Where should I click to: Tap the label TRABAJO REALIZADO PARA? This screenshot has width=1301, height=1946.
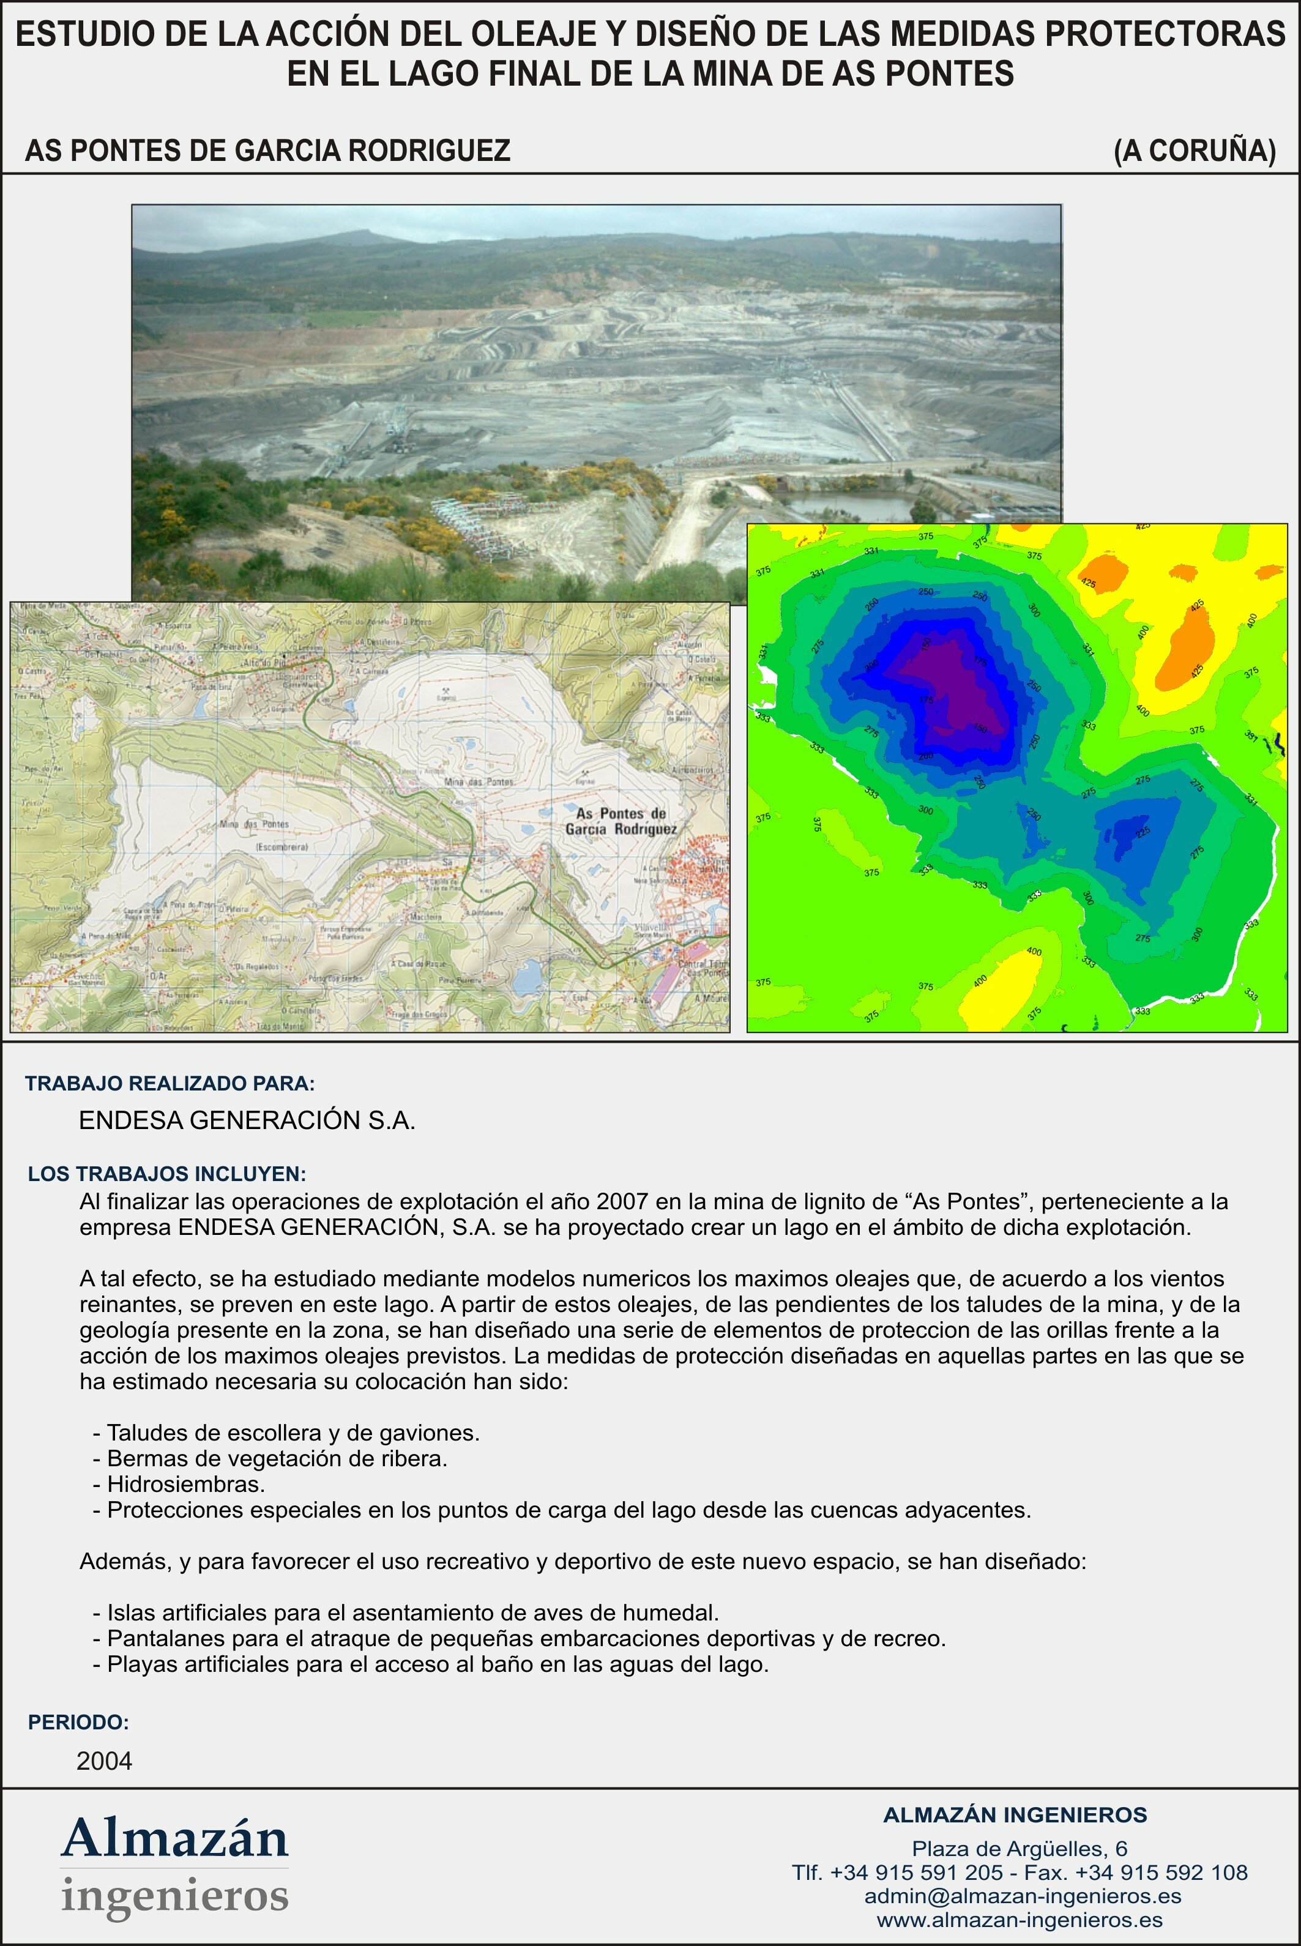coord(170,1083)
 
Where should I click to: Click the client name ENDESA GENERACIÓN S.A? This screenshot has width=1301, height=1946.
coord(247,1120)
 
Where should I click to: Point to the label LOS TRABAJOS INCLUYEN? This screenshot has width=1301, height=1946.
coord(167,1174)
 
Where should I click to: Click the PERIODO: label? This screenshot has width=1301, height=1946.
coord(79,1722)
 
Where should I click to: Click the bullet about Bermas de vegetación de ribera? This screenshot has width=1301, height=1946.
coord(270,1458)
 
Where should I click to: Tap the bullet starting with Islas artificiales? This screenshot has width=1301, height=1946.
coord(406,1612)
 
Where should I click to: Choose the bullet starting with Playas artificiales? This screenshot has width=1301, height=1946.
coord(431,1664)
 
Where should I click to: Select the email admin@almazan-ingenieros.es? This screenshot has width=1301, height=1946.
coord(1022,1896)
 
